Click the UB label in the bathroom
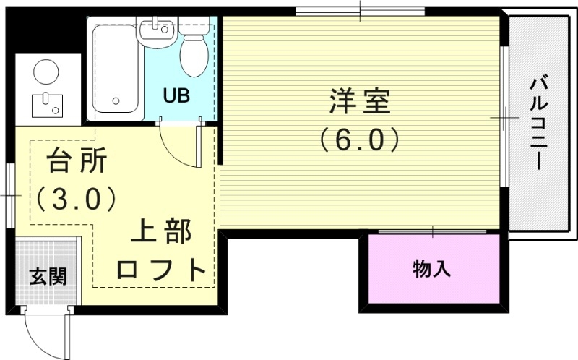(x=176, y=95)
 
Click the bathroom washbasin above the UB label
(x=157, y=30)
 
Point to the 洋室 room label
(x=359, y=102)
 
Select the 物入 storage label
(x=432, y=270)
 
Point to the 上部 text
(x=161, y=233)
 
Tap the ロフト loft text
(x=162, y=270)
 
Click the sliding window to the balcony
(x=505, y=116)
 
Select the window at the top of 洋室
(x=360, y=11)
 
